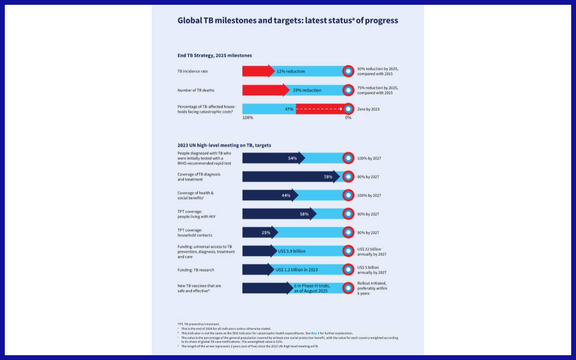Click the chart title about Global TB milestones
point(288,21)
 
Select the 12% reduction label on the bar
point(290,72)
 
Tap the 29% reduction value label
point(307,90)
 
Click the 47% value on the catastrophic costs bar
point(289,109)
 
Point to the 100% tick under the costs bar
point(248,118)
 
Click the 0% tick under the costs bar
point(348,118)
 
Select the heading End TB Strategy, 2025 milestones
point(215,56)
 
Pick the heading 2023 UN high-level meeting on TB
point(224,145)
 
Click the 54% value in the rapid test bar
point(292,158)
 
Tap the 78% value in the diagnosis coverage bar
point(328,177)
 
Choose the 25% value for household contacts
point(266,233)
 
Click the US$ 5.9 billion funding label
point(291,251)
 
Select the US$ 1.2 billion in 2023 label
point(296,270)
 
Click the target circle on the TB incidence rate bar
point(348,71)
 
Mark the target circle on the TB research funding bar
point(348,269)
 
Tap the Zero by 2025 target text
point(369,109)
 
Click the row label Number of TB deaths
point(196,90)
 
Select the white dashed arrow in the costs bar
point(319,109)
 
